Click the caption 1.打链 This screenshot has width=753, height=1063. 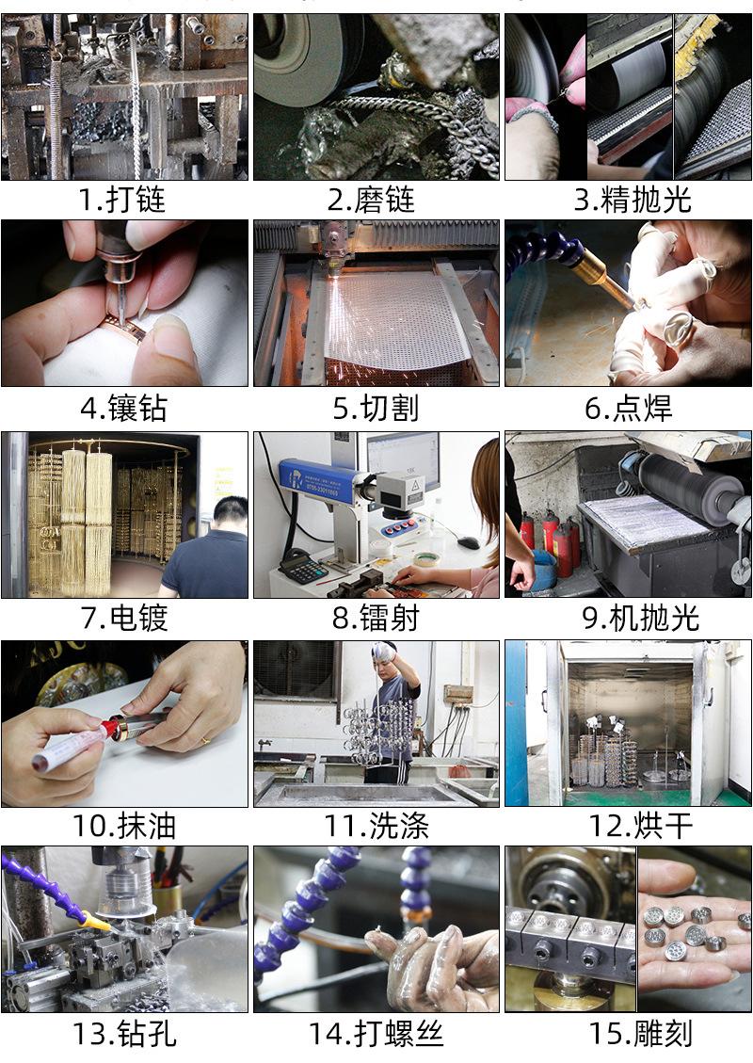click(122, 200)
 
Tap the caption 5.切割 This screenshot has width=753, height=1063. click(376, 408)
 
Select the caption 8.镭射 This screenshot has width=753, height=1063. click(376, 618)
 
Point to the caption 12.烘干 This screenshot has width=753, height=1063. click(640, 826)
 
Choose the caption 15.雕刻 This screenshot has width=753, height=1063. click(640, 1034)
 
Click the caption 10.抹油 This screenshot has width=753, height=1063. click(124, 826)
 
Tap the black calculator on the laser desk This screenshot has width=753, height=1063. click(303, 568)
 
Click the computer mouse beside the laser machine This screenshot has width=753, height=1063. click(468, 542)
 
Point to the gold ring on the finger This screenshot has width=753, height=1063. click(204, 740)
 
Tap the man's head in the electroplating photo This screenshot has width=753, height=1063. click(231, 514)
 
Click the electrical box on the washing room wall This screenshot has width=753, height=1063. click(458, 694)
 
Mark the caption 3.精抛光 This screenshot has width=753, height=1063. click(633, 200)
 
